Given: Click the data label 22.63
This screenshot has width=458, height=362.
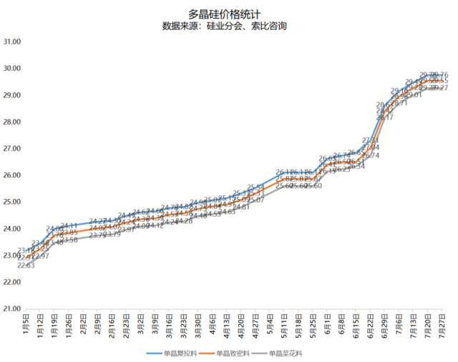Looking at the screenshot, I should click(x=26, y=265).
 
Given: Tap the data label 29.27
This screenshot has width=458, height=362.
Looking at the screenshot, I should click(x=439, y=87).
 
